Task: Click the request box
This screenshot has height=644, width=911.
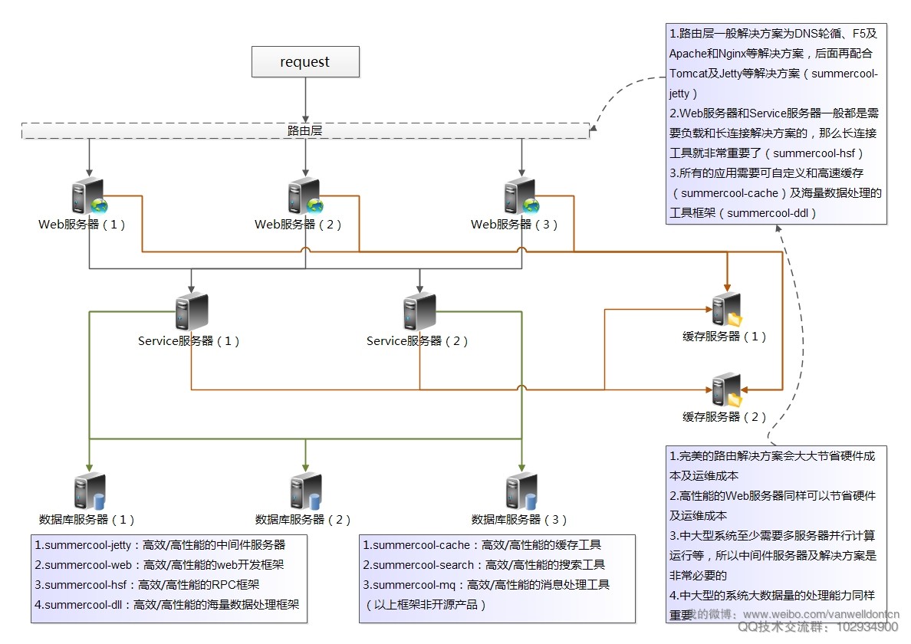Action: tap(305, 62)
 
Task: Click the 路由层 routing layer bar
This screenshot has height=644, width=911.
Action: tap(305, 131)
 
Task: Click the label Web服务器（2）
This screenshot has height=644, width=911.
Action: tap(298, 225)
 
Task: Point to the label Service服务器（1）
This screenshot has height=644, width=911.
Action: tap(189, 341)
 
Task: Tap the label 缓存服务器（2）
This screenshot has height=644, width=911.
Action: tap(725, 417)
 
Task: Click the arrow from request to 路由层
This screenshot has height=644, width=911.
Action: tap(305, 100)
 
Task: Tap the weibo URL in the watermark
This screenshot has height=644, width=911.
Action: tap(821, 615)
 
